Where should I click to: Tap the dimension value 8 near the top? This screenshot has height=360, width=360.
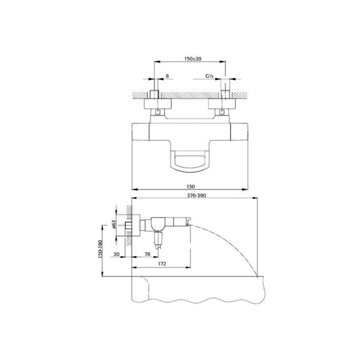[x=167, y=77]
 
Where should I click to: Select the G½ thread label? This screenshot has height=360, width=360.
[x=209, y=77]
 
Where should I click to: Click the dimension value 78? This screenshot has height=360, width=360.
[x=148, y=254]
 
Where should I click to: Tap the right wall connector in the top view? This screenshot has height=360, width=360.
[x=226, y=102]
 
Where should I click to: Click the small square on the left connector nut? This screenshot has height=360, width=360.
[x=158, y=112]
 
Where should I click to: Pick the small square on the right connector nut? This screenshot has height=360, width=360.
[x=222, y=112]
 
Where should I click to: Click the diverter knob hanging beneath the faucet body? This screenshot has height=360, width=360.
[x=157, y=243]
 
